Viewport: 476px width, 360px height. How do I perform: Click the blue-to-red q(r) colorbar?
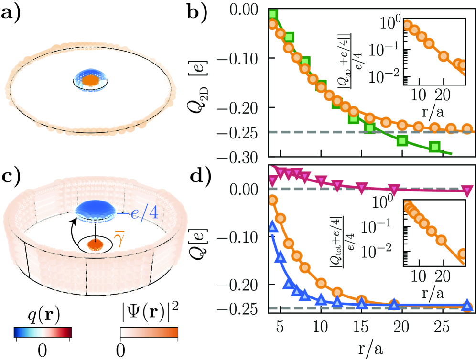[x=43, y=332]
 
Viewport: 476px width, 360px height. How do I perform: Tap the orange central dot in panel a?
[x=90, y=80]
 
